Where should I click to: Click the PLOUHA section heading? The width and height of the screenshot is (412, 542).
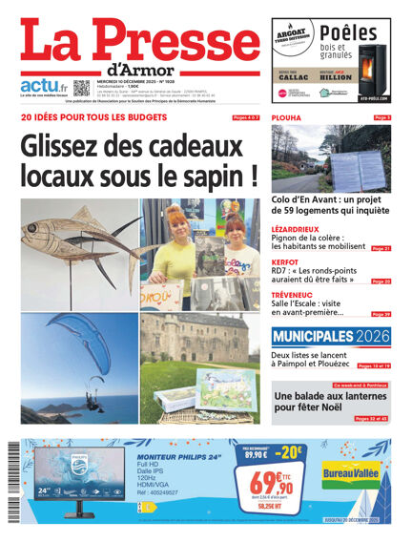(287, 117)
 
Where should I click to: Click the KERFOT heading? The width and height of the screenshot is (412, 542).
(286, 262)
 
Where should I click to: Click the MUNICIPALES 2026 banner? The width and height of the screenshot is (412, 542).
(331, 337)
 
